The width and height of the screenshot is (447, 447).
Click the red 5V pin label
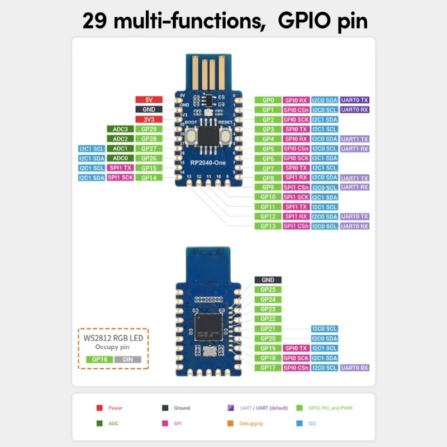[149, 100]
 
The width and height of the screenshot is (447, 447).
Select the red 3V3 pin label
[149, 120]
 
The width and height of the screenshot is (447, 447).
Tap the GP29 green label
[149, 129]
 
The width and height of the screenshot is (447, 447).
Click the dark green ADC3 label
[120, 129]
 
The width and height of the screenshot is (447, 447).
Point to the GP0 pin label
[268, 100]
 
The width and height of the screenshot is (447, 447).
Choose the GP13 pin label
[268, 226]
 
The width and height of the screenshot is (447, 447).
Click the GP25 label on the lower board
[268, 289]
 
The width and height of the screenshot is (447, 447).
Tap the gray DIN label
[128, 359]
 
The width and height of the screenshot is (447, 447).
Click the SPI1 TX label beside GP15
[120, 168]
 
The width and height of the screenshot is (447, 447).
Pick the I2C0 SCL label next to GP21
[325, 329]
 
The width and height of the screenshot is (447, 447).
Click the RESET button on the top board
[226, 135]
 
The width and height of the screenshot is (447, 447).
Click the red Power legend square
[99, 408]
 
